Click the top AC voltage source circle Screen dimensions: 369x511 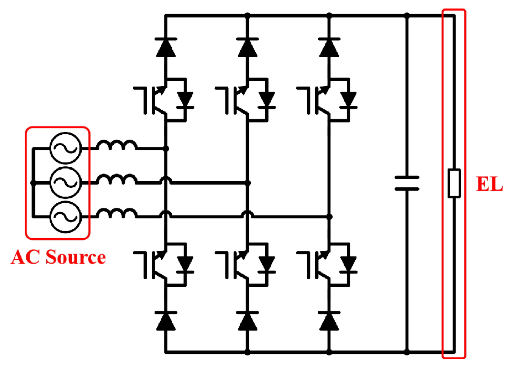[x=65, y=148]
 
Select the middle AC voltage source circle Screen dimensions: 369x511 [x=65, y=182]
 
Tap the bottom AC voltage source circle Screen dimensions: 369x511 [x=65, y=217]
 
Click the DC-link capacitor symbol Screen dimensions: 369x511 [x=407, y=183]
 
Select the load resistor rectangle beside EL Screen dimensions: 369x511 [x=454, y=183]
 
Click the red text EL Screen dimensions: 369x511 [x=489, y=184]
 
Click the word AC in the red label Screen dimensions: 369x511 [x=25, y=257]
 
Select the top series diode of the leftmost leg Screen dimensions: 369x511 [x=166, y=47]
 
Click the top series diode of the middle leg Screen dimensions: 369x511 [x=247, y=47]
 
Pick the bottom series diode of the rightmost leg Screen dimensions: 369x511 [x=329, y=321]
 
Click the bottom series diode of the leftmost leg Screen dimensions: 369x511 [x=166, y=321]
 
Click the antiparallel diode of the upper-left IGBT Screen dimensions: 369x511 [x=185, y=100]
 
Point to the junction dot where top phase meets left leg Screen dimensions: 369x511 [x=166, y=149]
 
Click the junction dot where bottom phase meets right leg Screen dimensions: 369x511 [x=329, y=217]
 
